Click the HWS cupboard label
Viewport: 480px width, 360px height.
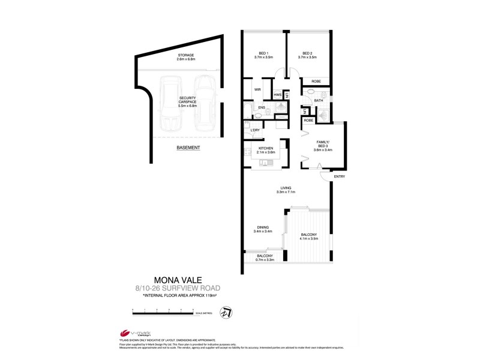coord(277,95)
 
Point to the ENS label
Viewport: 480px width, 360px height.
coord(262,108)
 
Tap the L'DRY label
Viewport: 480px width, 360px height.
coord(254,130)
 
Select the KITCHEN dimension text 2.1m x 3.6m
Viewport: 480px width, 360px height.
coord(266,152)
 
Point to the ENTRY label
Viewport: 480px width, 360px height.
coord(340,176)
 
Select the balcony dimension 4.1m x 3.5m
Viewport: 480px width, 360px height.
coord(310,238)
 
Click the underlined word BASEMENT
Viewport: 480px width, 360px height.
coord(188,148)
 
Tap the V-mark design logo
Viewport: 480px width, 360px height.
coord(133,334)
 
